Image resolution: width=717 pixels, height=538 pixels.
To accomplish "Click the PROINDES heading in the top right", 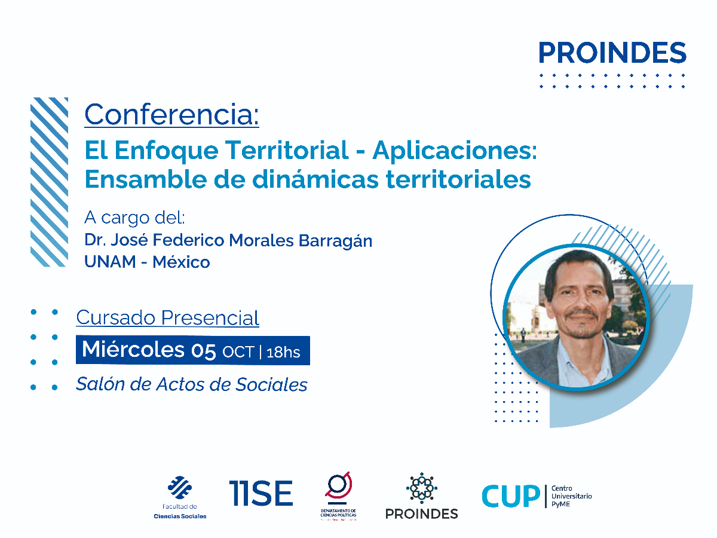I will click(x=612, y=53).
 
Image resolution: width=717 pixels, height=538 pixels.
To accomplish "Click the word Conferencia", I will click(x=171, y=114).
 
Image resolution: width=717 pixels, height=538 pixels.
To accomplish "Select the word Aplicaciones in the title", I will click(x=455, y=151).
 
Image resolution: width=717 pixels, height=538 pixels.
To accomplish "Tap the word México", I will click(x=181, y=262).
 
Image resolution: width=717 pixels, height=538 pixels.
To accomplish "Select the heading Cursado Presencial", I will click(x=167, y=317).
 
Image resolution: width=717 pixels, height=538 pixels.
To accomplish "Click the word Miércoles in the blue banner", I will click(x=133, y=350).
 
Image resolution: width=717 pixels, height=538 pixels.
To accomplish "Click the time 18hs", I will click(x=283, y=352).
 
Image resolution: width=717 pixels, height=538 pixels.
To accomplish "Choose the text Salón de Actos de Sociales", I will click(x=191, y=384).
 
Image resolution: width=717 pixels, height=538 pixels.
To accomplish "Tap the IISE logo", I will click(x=261, y=494).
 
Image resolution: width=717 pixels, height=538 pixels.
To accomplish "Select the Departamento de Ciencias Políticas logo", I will click(x=338, y=496).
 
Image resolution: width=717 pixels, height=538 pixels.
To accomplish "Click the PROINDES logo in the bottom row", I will click(x=421, y=497).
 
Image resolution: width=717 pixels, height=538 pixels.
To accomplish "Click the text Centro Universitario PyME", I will click(x=572, y=496).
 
